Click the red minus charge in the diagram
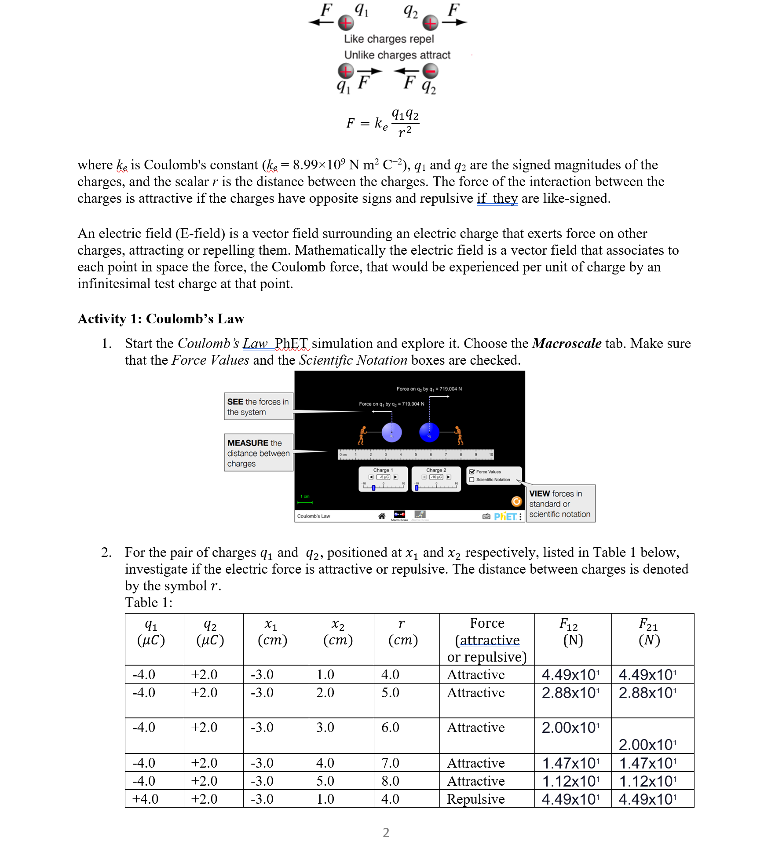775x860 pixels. coord(430,71)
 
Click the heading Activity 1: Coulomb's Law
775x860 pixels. coord(161,319)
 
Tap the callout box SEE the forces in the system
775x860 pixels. coord(258,406)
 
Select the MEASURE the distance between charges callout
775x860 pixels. coord(258,453)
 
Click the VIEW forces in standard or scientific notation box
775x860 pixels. coord(560,504)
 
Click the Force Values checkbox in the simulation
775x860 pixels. coord(472,472)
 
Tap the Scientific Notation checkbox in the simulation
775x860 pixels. coord(472,479)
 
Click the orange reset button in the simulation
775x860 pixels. coord(516,501)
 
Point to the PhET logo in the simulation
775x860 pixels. coord(505,516)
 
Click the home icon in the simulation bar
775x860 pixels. coord(382,516)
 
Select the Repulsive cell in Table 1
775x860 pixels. coord(475,799)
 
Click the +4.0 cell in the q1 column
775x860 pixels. coord(146,799)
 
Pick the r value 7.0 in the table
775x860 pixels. coord(390,763)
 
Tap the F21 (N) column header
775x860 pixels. coord(649,631)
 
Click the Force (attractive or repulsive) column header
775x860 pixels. coord(487,640)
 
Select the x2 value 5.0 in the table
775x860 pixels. coord(325,781)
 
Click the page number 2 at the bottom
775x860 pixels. coord(386,832)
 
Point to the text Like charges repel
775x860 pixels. coord(389,39)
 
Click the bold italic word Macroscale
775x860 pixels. coord(567,344)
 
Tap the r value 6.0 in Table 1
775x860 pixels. coord(390,727)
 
